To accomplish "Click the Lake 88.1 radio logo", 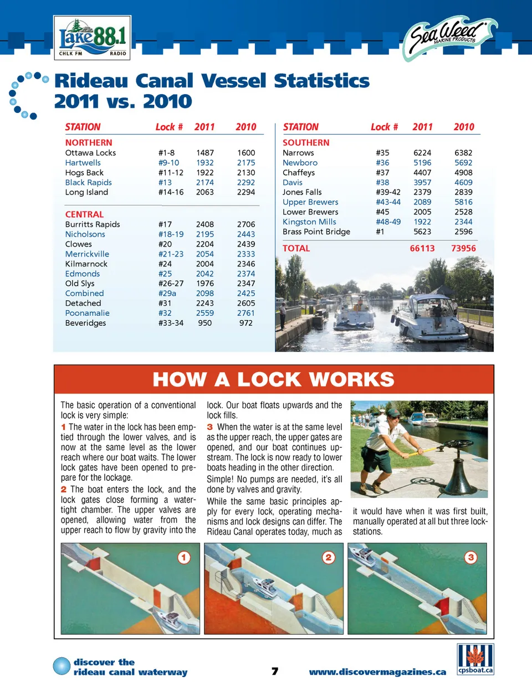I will [92, 38].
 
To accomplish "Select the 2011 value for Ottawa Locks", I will [204, 153].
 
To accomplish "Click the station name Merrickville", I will [87, 254].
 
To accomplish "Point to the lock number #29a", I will [167, 294].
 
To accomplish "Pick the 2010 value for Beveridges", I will [245, 323].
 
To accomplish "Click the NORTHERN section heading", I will [89, 143].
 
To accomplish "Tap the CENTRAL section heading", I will [84, 214].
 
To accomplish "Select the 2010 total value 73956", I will [463, 249].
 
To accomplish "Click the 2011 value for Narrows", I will [422, 153].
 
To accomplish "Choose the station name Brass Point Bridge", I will [316, 232].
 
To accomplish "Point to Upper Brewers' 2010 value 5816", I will [463, 202].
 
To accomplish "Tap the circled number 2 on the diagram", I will [329, 557].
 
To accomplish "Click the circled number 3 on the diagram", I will [471, 557].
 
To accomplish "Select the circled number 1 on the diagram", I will [184, 557].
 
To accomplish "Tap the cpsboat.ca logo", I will [475, 659].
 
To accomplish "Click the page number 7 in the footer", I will [275, 671].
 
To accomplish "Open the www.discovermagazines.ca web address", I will [377, 672].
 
